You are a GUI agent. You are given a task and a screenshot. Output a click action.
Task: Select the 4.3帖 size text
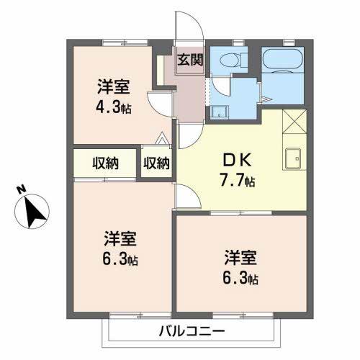click(114, 108)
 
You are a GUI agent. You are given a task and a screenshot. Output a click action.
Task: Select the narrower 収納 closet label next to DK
click(156, 163)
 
